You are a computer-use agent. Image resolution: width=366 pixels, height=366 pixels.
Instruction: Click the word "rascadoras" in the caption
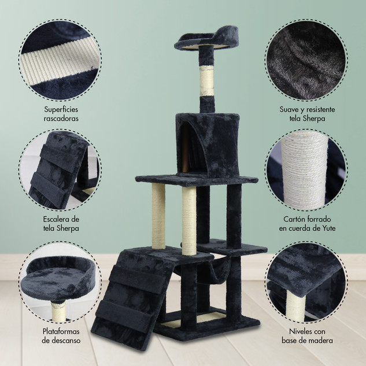tap(61, 119)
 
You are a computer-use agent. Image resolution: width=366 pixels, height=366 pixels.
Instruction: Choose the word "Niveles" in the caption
tap(300, 331)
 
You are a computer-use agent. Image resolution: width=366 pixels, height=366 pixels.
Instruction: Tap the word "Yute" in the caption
tap(328, 228)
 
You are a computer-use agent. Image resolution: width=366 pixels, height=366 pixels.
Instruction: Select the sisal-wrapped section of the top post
tap(206, 80)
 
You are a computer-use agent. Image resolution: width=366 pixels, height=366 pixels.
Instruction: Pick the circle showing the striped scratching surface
tap(60, 60)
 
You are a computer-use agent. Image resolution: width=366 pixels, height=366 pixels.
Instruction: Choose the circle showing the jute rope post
tap(306, 170)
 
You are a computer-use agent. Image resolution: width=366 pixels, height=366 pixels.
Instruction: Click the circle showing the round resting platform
tap(60, 282)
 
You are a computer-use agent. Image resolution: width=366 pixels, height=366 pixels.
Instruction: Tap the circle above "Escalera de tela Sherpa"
tap(60, 170)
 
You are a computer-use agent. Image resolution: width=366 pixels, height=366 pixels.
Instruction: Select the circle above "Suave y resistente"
tap(306, 60)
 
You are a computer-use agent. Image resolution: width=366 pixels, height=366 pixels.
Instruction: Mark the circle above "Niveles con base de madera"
tap(306, 282)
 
